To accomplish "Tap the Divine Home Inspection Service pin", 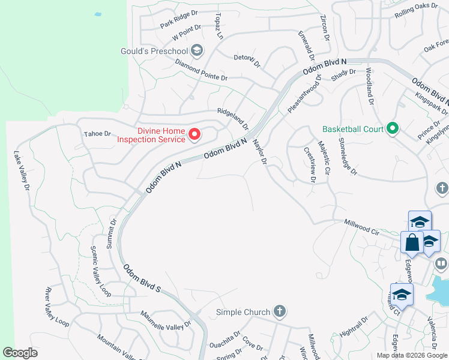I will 194,135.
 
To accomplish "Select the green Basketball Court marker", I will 393,129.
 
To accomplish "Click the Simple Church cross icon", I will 279,311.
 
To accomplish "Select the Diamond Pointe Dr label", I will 202,70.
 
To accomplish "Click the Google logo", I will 20,353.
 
